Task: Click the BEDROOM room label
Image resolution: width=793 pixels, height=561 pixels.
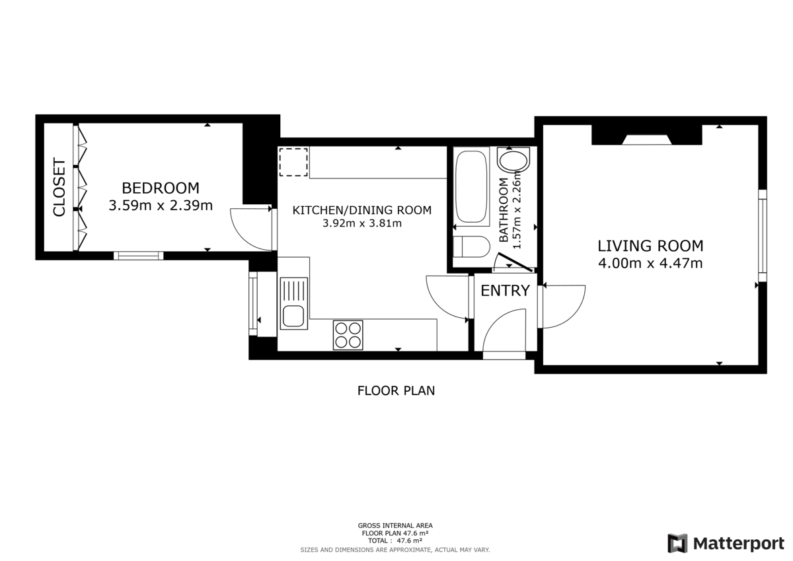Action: pos(161,188)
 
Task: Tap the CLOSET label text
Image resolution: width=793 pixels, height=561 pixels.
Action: pos(59,188)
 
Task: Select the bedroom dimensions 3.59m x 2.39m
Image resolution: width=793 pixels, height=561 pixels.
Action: pos(161,206)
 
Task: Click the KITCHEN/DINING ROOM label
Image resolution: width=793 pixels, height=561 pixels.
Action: pos(361,210)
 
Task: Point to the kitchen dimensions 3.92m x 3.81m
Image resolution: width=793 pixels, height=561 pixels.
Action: pos(361,223)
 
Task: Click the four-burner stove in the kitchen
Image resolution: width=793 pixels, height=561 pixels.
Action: pos(348,334)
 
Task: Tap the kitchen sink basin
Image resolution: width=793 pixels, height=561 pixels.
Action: pos(293,317)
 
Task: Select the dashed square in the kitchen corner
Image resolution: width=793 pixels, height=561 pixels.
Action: pos(293,163)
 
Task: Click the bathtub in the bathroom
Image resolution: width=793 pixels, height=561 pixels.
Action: pos(472,186)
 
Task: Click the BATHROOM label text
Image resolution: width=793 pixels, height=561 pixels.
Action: pos(504,210)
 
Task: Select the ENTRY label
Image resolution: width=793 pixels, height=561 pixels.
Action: pos(505,291)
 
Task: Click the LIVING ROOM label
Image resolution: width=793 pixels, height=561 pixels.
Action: pos(650,246)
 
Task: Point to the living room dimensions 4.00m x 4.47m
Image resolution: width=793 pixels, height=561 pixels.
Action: pos(650,264)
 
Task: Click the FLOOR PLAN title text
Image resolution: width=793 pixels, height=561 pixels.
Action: pos(396,391)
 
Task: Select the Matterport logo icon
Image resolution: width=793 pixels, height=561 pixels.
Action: pos(677,543)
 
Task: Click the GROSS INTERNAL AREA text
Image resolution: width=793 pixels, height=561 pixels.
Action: pos(395,526)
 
